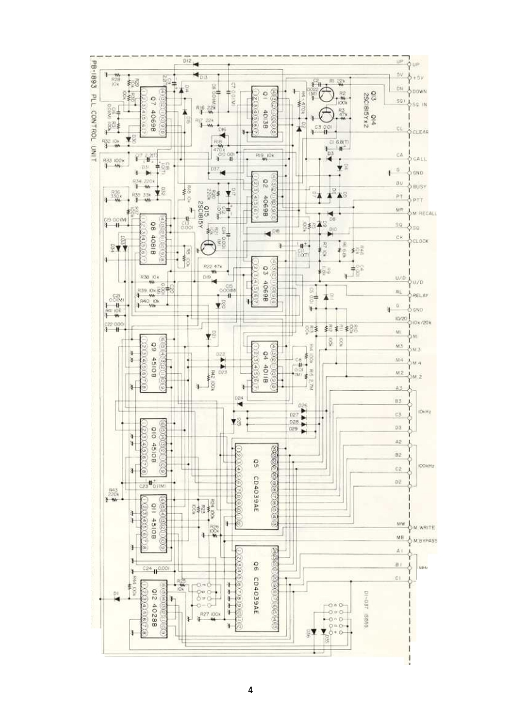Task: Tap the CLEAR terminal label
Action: click(421, 131)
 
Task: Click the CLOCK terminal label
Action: click(421, 241)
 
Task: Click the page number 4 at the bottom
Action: click(251, 690)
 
